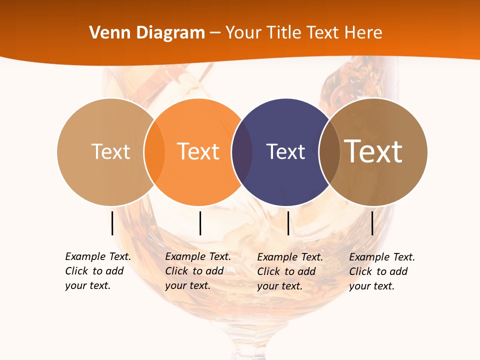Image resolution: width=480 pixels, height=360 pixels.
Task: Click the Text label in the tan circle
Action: [110, 151]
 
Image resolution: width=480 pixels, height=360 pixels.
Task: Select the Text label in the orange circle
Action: [198, 151]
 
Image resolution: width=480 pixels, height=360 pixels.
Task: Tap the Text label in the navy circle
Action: [285, 151]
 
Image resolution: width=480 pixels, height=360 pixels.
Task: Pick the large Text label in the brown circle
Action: [373, 151]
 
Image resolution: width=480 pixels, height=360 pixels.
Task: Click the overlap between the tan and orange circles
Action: [154, 151]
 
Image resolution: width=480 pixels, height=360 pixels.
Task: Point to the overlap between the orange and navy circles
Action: [242, 151]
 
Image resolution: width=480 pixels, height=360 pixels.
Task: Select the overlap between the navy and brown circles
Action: [329, 151]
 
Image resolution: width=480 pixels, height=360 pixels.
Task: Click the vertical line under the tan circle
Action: [112, 223]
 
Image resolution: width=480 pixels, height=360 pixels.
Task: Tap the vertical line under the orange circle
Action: [200, 223]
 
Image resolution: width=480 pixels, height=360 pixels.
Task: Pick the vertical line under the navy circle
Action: [288, 223]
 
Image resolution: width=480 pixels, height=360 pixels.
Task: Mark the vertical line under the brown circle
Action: [372, 223]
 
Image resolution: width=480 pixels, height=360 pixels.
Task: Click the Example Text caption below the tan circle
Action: [98, 271]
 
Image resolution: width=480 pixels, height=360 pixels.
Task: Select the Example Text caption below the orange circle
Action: [198, 271]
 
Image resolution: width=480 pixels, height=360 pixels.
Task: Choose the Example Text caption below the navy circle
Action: [290, 271]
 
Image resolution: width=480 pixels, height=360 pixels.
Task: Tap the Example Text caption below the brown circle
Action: [382, 271]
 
